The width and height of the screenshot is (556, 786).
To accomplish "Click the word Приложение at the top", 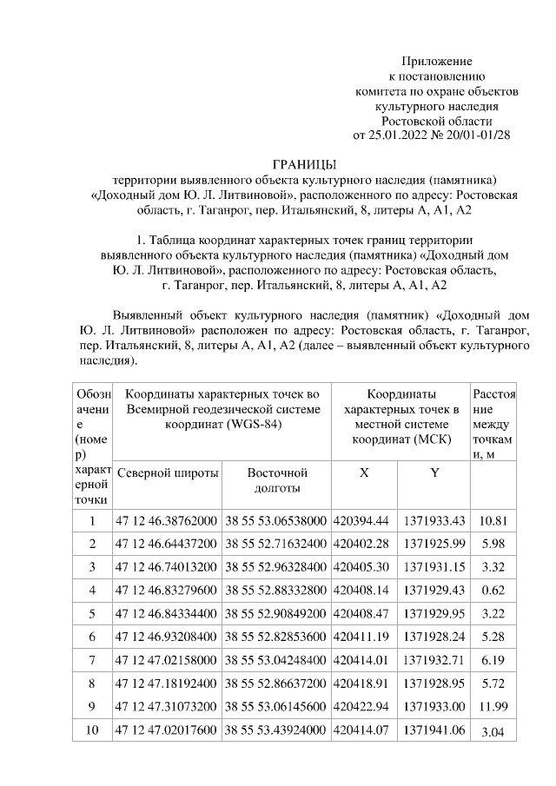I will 436,61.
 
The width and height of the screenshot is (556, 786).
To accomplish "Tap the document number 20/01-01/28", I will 478,135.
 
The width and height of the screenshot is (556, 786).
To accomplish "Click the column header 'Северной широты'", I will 167,473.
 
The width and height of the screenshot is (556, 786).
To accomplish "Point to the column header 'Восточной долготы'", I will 277,480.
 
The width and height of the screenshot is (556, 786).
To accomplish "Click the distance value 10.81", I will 493,521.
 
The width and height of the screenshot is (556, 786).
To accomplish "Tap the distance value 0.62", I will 493,590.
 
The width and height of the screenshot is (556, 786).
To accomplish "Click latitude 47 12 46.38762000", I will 167,521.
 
